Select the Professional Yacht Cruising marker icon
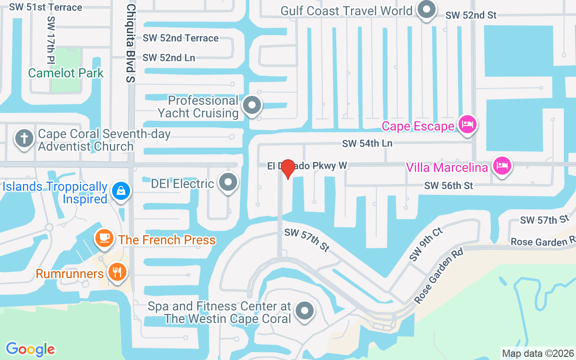252,105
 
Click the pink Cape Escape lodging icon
467,124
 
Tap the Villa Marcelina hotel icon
501,166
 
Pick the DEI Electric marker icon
228,183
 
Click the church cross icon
24,138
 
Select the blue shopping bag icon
121,191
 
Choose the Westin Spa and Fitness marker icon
305,310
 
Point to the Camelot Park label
66,73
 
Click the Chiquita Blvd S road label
130,44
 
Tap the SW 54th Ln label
367,144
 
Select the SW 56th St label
449,185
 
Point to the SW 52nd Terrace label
180,38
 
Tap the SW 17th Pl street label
51,40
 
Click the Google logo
31,349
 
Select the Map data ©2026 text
538,353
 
